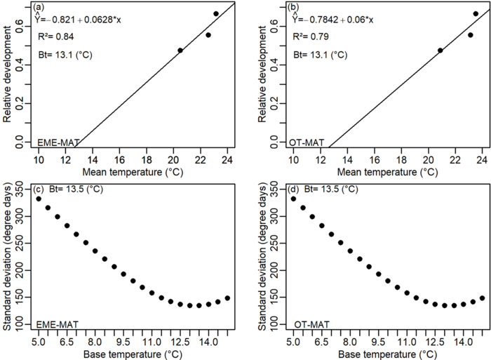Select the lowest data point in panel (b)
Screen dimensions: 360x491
tap(440, 51)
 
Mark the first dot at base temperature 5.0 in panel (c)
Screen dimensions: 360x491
tap(39, 199)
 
